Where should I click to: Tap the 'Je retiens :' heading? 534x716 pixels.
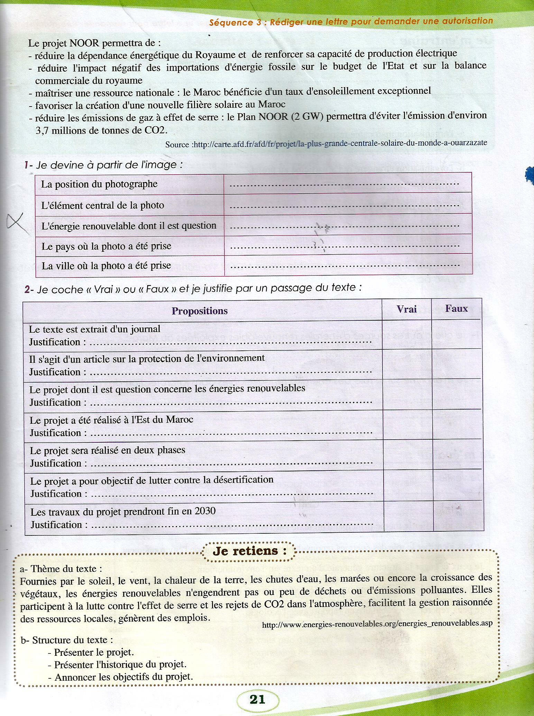[249, 551]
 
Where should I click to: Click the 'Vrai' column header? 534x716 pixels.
[406, 309]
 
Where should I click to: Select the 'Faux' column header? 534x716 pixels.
[456, 308]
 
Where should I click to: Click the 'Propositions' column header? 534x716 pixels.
[200, 311]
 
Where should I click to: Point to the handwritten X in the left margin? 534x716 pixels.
[19, 222]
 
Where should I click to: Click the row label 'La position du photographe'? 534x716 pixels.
[99, 184]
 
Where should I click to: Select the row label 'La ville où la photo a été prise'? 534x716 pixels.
[106, 266]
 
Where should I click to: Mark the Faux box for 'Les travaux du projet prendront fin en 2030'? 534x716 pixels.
[457, 517]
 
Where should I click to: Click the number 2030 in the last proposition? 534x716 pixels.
[205, 511]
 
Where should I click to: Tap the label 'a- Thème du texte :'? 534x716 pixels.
[62, 568]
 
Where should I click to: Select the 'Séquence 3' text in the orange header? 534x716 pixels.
[231, 23]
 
